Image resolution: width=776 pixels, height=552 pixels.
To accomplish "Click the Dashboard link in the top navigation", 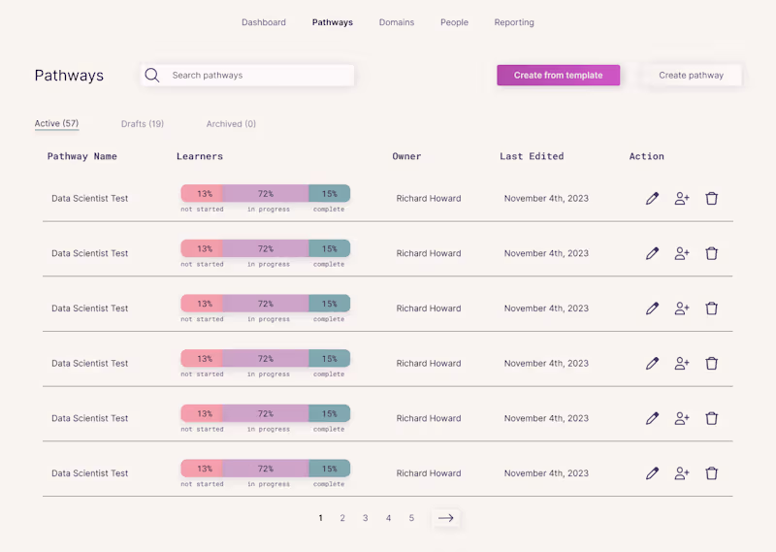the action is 263,22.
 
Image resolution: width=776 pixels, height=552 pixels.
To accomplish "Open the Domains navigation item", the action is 397,22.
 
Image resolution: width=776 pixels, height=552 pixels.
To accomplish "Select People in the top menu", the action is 454,22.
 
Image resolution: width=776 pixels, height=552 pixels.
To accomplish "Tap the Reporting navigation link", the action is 514,22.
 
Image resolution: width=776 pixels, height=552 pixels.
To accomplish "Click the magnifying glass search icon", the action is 152,76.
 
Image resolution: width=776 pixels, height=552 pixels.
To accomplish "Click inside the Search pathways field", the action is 247,76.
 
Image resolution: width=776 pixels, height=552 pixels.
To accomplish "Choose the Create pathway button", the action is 691,76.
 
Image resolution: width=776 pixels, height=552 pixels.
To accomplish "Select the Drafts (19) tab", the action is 143,124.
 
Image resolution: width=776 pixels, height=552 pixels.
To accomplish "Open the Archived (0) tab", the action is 231,124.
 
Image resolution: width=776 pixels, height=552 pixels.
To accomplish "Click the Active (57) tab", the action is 56,123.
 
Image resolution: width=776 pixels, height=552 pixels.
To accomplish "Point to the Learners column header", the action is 200,156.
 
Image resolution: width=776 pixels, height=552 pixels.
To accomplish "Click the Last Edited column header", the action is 532,156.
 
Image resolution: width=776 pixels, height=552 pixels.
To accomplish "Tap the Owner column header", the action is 406,156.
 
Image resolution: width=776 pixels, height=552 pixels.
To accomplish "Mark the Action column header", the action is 646,156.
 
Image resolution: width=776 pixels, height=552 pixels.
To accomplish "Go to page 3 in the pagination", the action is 366,518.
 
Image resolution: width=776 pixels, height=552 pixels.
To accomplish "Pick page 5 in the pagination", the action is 411,518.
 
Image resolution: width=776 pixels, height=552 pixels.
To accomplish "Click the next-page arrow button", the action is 446,518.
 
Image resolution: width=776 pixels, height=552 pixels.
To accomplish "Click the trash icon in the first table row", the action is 712,199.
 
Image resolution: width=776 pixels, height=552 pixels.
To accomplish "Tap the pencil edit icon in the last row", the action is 652,473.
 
